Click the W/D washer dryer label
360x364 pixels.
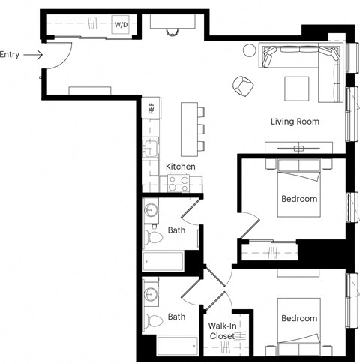[121, 25]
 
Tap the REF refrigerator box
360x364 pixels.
[151, 107]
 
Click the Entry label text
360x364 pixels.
[10, 54]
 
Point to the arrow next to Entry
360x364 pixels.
[34, 54]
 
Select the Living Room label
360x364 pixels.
[295, 121]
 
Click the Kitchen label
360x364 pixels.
[180, 166]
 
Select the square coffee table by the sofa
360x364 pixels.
[296, 87]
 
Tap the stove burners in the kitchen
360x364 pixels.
[178, 181]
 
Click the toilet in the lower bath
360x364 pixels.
[154, 320]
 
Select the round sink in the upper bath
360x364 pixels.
[150, 209]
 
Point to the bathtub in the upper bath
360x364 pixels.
[163, 262]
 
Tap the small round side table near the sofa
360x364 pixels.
[249, 51]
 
